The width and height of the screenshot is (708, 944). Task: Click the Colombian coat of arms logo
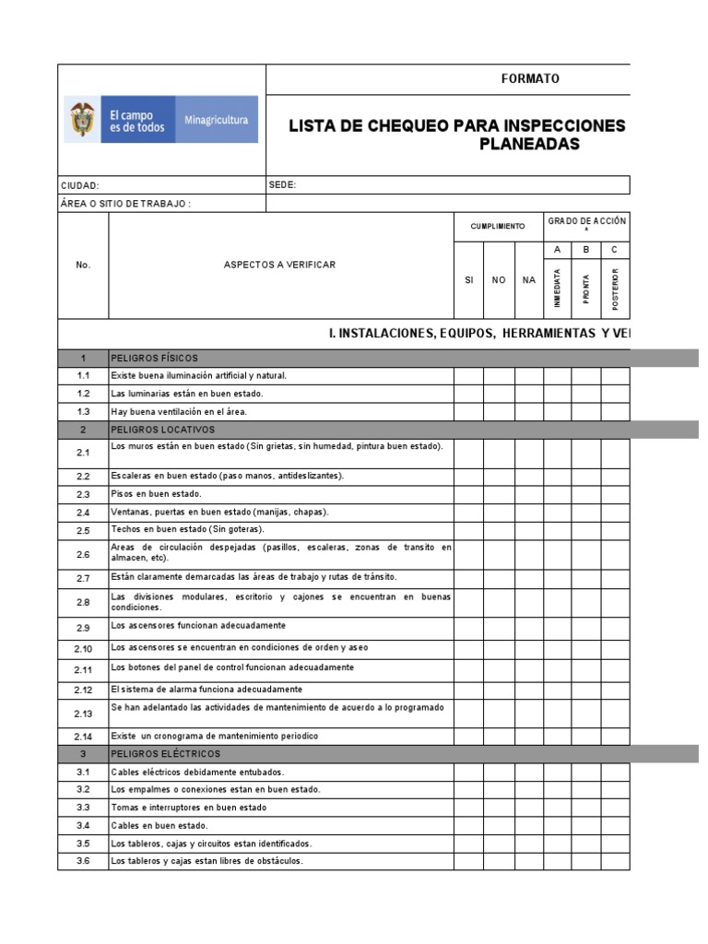click(82, 120)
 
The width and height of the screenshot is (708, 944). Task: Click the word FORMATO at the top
click(530, 78)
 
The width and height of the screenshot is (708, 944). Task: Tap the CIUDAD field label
click(80, 185)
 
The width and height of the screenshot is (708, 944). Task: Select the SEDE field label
click(282, 184)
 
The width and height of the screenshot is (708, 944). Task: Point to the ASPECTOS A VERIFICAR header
click(279, 265)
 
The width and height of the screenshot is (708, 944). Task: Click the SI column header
click(468, 280)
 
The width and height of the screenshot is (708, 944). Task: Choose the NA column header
click(528, 280)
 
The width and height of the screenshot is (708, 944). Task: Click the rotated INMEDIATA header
click(557, 289)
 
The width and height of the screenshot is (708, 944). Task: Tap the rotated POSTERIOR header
click(615, 289)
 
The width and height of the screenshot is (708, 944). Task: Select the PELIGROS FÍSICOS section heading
click(154, 358)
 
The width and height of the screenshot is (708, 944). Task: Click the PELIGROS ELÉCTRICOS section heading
click(165, 754)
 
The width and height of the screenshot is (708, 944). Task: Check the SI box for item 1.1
click(468, 376)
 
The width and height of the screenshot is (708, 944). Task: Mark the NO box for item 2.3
click(499, 494)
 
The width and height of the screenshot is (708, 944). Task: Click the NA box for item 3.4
click(528, 826)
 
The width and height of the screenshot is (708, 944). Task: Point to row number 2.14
click(83, 737)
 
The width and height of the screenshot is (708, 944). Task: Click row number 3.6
click(83, 861)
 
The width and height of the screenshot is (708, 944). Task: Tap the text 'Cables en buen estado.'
click(159, 826)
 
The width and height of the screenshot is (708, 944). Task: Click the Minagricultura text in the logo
click(217, 121)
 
